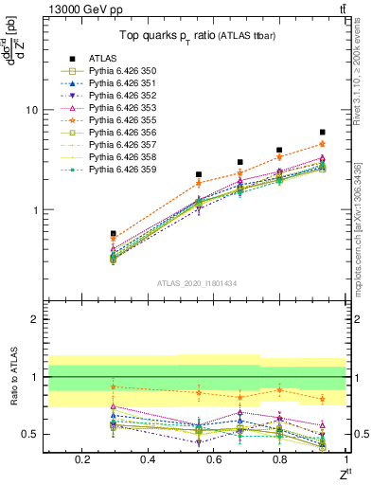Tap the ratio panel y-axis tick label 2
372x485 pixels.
click(x=33, y=319)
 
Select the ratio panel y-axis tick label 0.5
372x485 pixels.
click(x=28, y=434)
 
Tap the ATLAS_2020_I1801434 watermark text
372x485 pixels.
click(x=196, y=283)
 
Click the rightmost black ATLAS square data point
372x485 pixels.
click(x=323, y=133)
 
